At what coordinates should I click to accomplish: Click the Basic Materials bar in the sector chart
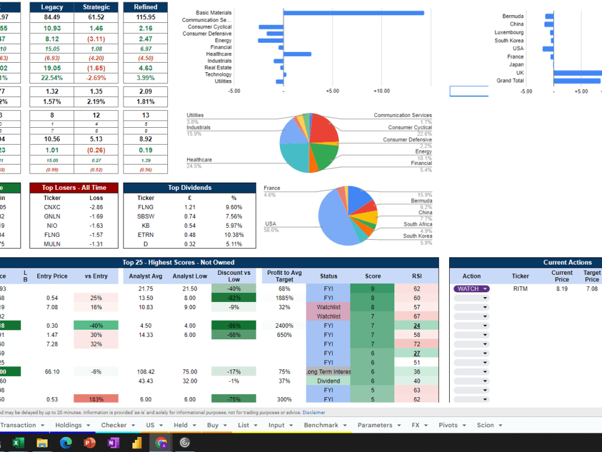pos(353,13)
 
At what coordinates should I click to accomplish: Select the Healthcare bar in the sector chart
pos(297,54)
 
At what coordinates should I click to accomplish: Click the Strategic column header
pos(96,7)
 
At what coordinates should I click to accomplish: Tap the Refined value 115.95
pos(146,17)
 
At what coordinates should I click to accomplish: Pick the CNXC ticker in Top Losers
pos(52,207)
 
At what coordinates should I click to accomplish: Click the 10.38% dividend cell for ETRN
pos(234,234)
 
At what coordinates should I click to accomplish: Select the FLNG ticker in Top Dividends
pos(146,207)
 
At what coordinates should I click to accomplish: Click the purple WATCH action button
pos(471,289)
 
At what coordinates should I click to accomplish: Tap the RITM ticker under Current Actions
pos(520,289)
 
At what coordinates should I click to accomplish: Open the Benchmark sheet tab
pos(321,425)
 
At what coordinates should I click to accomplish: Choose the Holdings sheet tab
pos(68,425)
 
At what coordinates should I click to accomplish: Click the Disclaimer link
pos(314,413)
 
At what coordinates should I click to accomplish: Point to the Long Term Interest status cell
pos(328,372)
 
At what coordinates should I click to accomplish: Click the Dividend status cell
pos(328,381)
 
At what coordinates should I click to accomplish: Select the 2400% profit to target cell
pos(285,325)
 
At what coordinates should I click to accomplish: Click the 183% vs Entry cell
pos(96,400)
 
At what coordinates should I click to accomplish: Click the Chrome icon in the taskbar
pos(161,443)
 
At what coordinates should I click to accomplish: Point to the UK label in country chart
pos(520,73)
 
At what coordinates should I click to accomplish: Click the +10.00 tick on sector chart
pos(381,91)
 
